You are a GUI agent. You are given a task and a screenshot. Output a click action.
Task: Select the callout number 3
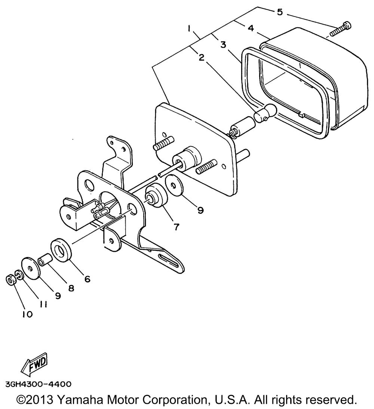point(223,45)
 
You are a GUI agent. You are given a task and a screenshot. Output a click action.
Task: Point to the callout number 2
point(201,58)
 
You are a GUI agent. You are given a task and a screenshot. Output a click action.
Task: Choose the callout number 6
point(87,279)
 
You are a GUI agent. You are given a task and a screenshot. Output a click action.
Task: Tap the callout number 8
point(71,288)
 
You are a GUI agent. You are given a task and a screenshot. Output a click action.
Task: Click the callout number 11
point(43,304)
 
